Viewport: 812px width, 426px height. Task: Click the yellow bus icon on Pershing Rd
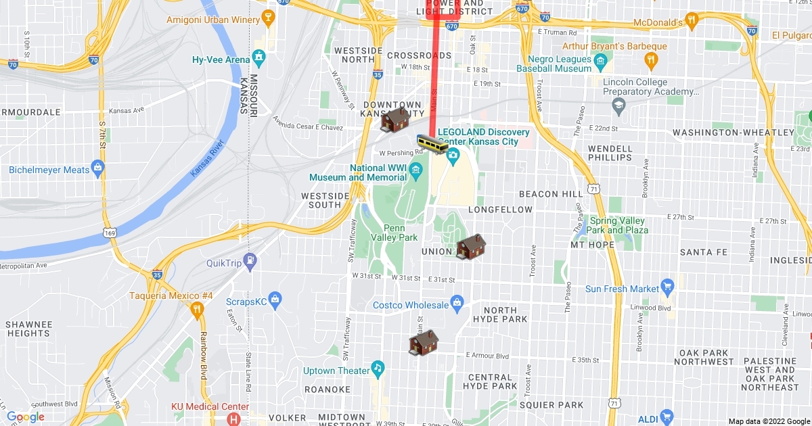click(x=432, y=143)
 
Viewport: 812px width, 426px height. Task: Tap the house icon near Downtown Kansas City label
click(x=397, y=120)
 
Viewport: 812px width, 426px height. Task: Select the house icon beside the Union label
click(x=471, y=247)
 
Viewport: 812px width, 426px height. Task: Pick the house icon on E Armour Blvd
click(x=424, y=344)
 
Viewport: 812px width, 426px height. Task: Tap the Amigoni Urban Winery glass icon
click(x=269, y=19)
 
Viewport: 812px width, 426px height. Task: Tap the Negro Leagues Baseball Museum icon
click(x=600, y=64)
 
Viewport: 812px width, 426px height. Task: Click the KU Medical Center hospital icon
click(x=233, y=418)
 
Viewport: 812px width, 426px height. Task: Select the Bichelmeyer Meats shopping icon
click(x=98, y=166)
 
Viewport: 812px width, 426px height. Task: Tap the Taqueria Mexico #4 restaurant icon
click(x=197, y=309)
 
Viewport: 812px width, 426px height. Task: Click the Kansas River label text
click(x=206, y=159)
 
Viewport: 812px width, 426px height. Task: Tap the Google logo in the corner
click(x=26, y=417)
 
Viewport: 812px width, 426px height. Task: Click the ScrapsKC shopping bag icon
click(x=275, y=299)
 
